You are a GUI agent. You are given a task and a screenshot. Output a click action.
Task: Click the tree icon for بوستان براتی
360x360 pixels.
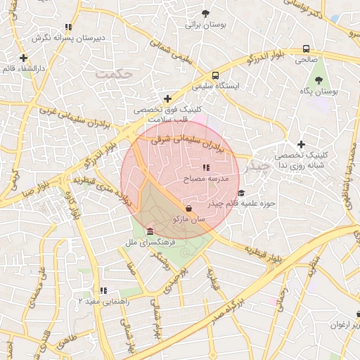pyautogui.click(x=205, y=13)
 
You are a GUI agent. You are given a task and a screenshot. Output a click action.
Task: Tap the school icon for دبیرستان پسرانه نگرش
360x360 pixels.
pyautogui.click(x=68, y=27)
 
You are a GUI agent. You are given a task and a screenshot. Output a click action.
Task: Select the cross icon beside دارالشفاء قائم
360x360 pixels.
pyautogui.click(x=24, y=58)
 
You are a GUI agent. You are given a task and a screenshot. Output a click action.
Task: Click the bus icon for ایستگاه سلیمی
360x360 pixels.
pyautogui.click(x=214, y=75)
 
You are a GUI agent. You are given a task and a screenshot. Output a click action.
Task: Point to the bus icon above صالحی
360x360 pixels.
pyautogui.click(x=306, y=49)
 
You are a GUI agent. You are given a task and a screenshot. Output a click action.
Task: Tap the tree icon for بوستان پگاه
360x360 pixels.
pyautogui.click(x=319, y=81)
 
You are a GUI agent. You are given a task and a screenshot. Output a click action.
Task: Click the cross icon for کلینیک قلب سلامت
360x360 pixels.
pyautogui.click(x=167, y=98)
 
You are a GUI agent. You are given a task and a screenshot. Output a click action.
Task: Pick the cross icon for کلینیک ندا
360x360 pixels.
pyautogui.click(x=301, y=143)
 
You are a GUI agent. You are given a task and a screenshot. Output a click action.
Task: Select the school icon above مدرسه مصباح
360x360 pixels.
pyautogui.click(x=206, y=168)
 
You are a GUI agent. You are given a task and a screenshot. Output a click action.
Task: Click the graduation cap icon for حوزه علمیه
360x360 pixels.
pyautogui.click(x=241, y=193)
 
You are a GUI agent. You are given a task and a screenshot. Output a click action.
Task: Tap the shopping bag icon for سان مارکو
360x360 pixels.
pyautogui.click(x=188, y=208)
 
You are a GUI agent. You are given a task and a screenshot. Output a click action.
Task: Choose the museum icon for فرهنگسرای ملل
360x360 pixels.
pyautogui.click(x=150, y=231)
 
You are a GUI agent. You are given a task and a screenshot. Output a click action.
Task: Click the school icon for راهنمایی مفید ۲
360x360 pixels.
pyautogui.click(x=103, y=290)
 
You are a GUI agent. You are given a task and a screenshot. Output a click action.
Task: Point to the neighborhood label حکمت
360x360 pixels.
pyautogui.click(x=115, y=72)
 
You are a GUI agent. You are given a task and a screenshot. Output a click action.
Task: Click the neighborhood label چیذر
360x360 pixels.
pyautogui.click(x=255, y=167)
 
